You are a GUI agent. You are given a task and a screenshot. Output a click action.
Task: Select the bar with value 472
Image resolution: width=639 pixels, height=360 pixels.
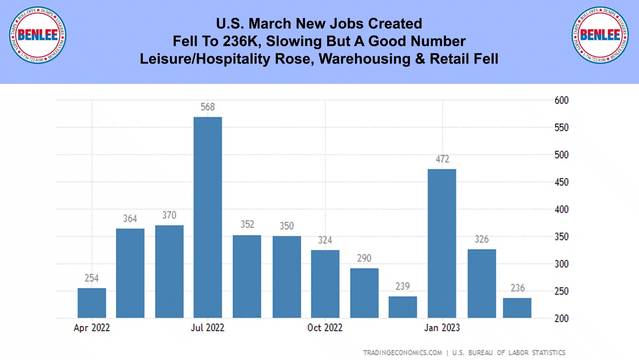(442, 243)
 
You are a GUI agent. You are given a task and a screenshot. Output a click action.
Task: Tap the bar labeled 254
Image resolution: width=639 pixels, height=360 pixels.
(92, 303)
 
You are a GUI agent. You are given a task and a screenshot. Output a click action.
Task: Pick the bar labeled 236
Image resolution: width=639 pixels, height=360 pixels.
(517, 308)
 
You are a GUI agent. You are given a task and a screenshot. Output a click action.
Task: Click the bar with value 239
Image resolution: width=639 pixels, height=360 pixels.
(402, 307)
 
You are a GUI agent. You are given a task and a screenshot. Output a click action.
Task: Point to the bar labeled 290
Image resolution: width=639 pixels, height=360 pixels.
(364, 293)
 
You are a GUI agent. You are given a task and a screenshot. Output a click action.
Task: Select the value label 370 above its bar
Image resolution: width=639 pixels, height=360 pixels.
(169, 215)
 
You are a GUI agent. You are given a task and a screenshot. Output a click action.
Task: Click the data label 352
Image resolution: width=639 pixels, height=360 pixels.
(247, 224)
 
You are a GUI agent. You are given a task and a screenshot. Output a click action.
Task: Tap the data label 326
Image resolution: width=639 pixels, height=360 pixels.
(481, 239)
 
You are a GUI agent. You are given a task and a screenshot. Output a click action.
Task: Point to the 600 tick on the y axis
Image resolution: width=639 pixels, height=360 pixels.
(561, 100)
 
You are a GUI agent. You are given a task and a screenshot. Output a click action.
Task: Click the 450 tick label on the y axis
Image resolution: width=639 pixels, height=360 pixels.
(561, 182)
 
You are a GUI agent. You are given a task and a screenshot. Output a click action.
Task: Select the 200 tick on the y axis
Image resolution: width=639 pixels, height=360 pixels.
(561, 319)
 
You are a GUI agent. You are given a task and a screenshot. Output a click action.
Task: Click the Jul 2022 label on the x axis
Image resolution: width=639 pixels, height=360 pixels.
(207, 328)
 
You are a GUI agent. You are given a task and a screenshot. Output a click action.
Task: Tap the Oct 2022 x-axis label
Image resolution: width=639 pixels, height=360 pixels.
(325, 328)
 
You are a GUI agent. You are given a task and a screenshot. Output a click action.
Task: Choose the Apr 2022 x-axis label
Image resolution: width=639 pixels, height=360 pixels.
(92, 328)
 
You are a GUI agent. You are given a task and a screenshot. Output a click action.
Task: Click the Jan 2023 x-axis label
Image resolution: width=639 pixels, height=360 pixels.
(442, 328)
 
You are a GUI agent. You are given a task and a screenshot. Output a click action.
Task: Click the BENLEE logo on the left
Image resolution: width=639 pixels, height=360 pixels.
(38, 35)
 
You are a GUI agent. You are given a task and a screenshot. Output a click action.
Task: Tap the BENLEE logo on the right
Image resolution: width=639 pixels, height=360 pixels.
(600, 35)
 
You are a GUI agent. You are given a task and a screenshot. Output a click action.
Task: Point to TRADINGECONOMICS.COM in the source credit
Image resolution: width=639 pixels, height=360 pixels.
(402, 353)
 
